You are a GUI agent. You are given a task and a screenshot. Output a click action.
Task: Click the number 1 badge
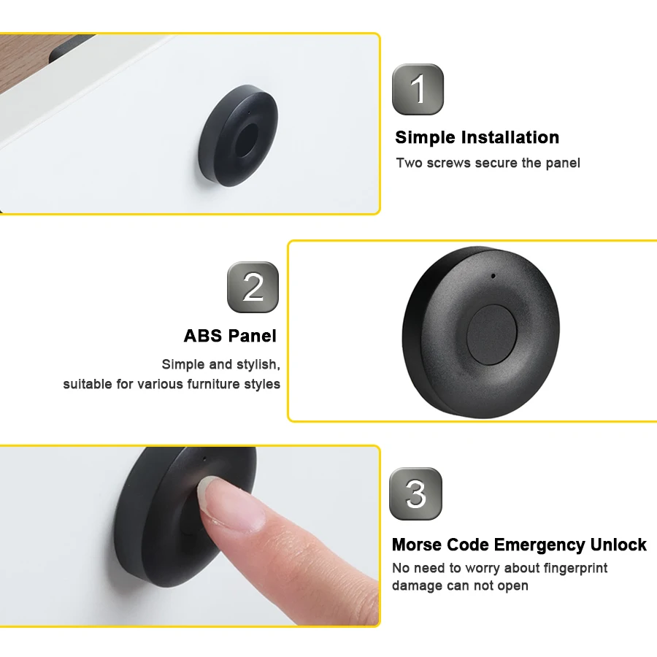pos(418,89)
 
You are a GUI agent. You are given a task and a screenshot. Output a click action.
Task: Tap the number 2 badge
pos(253,287)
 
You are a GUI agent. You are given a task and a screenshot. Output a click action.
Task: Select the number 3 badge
pos(415,493)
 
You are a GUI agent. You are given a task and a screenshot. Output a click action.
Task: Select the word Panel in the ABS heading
pos(253,336)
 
